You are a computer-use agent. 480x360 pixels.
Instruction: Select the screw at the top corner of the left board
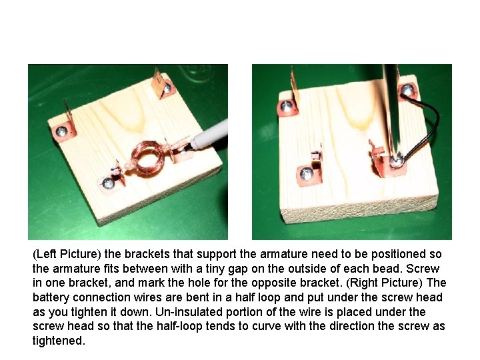(169, 86)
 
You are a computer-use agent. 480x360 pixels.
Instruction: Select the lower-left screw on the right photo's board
(307, 174)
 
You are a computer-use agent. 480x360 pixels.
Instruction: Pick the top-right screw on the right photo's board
(407, 90)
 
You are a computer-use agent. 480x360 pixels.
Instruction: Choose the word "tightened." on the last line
(59, 341)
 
